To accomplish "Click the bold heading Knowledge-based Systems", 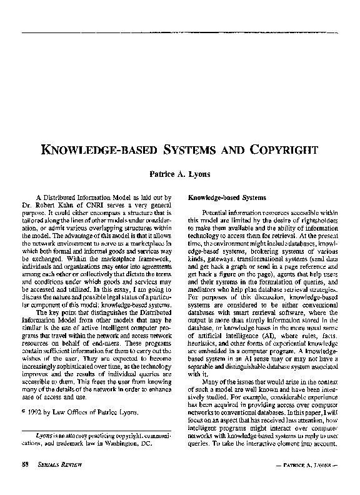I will click(223, 197).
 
